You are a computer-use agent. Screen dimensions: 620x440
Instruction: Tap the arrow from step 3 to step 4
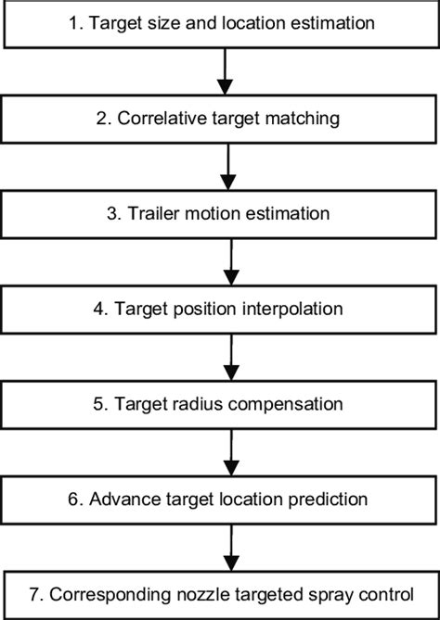click(x=229, y=261)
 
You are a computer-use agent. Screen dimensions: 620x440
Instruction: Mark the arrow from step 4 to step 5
click(x=229, y=357)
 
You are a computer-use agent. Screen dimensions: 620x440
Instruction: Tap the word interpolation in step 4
click(x=291, y=309)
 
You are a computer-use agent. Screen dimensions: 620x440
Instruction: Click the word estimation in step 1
click(x=329, y=23)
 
